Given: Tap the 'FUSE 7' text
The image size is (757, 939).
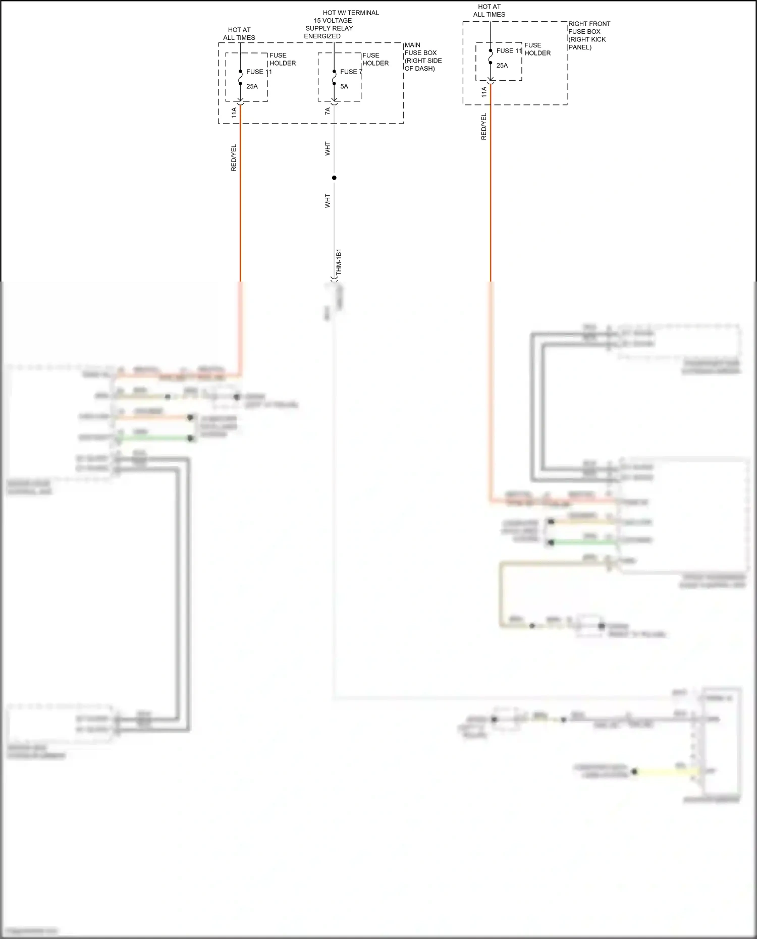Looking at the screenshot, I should pyautogui.click(x=351, y=72).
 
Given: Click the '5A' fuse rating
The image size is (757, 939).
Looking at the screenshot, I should pyautogui.click(x=344, y=86).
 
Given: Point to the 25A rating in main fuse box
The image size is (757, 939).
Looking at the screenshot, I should pyautogui.click(x=252, y=86).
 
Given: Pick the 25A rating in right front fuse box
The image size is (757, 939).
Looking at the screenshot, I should pyautogui.click(x=502, y=65).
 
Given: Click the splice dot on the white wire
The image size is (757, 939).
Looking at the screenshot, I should pyautogui.click(x=334, y=178).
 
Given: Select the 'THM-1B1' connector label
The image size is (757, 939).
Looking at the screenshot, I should pyautogui.click(x=339, y=261).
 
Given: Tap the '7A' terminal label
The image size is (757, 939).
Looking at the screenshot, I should pyautogui.click(x=328, y=111).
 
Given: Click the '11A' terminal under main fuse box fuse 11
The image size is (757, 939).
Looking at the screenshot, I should pyautogui.click(x=234, y=113).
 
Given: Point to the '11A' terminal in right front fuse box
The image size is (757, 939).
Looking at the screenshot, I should pyautogui.click(x=484, y=92).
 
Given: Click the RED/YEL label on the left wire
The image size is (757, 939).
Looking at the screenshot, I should pyautogui.click(x=234, y=157).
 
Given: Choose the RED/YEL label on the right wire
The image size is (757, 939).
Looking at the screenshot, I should pyautogui.click(x=484, y=126).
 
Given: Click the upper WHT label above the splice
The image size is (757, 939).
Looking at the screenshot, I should pyautogui.click(x=328, y=148).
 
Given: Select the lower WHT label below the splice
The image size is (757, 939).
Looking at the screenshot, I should pyautogui.click(x=328, y=201).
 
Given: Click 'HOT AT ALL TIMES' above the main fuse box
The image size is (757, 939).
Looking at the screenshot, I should pyautogui.click(x=239, y=34).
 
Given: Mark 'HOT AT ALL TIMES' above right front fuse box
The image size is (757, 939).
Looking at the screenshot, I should pyautogui.click(x=489, y=11).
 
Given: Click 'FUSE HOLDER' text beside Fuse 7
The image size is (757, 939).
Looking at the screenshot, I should pyautogui.click(x=375, y=59).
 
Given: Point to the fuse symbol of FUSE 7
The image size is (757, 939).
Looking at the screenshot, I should pyautogui.click(x=334, y=78).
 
